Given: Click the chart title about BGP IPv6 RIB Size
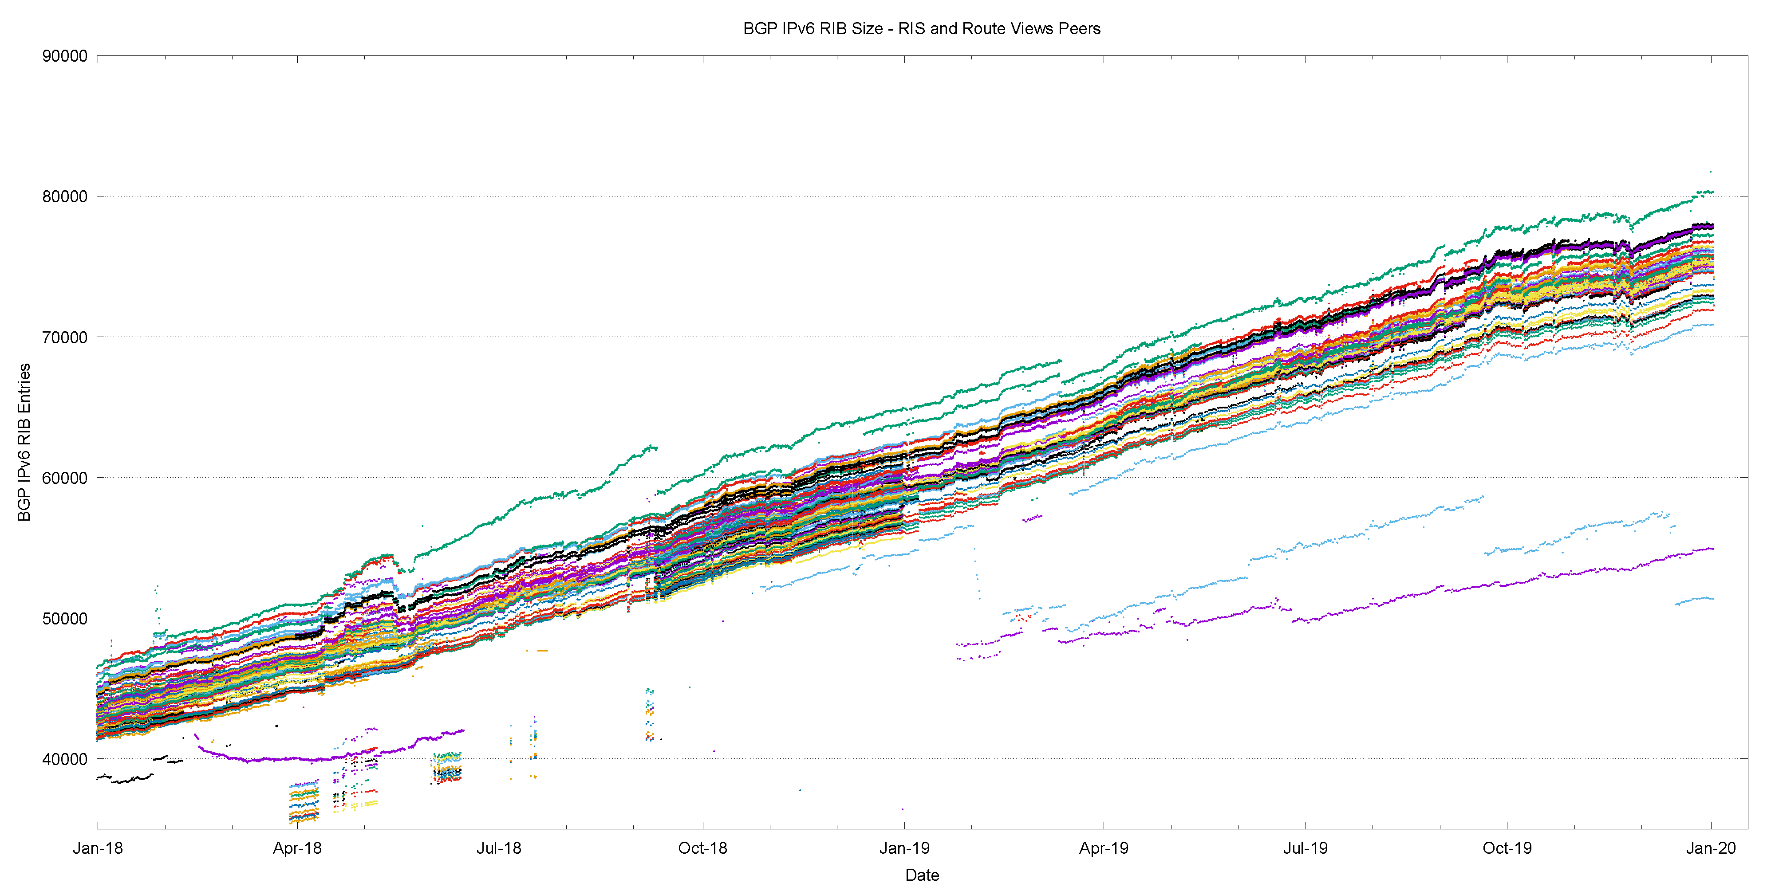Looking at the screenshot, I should [x=921, y=29].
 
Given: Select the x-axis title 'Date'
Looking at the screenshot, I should [x=922, y=875].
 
